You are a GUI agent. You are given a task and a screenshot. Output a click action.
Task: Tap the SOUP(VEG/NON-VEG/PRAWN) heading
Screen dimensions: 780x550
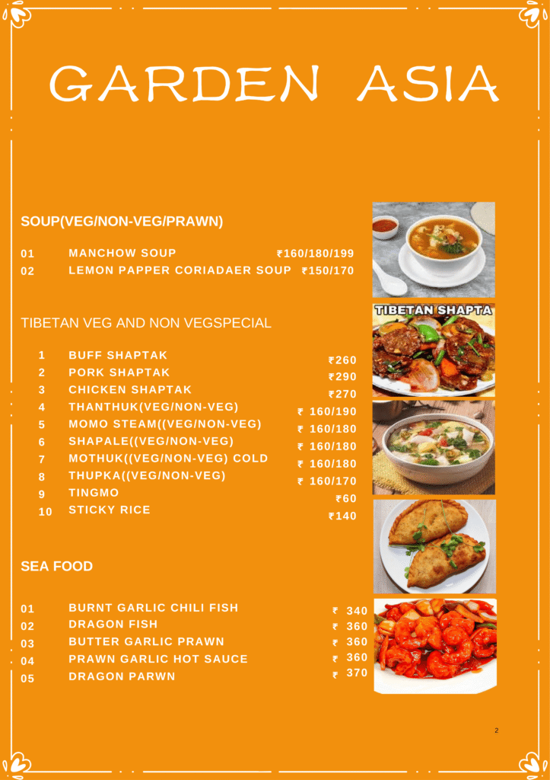(122, 222)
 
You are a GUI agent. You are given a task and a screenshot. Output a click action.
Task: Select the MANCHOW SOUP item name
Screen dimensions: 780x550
(122, 253)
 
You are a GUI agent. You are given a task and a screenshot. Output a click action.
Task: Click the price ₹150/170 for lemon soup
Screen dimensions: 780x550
(328, 270)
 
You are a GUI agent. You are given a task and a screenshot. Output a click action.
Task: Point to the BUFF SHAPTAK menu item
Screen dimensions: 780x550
(118, 356)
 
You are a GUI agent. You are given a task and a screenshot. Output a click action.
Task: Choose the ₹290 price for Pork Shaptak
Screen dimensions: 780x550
(342, 377)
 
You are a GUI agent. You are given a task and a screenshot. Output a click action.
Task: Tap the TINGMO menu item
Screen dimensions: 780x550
(94, 493)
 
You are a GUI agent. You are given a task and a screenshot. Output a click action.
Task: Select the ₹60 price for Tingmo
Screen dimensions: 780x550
(346, 499)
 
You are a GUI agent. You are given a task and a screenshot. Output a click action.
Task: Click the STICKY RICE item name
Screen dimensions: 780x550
(110, 510)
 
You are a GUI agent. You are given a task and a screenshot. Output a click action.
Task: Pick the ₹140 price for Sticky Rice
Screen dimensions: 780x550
(342, 516)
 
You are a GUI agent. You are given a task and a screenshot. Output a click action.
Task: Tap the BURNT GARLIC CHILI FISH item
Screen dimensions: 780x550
(153, 608)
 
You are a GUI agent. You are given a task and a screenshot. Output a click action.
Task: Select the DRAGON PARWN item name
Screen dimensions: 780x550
(122, 676)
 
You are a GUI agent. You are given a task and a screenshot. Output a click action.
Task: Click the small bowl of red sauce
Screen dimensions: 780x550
(385, 226)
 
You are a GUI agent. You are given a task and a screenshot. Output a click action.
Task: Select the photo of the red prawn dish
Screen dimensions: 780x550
(435, 645)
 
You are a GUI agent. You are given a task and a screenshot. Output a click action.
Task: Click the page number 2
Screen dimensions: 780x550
(496, 730)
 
